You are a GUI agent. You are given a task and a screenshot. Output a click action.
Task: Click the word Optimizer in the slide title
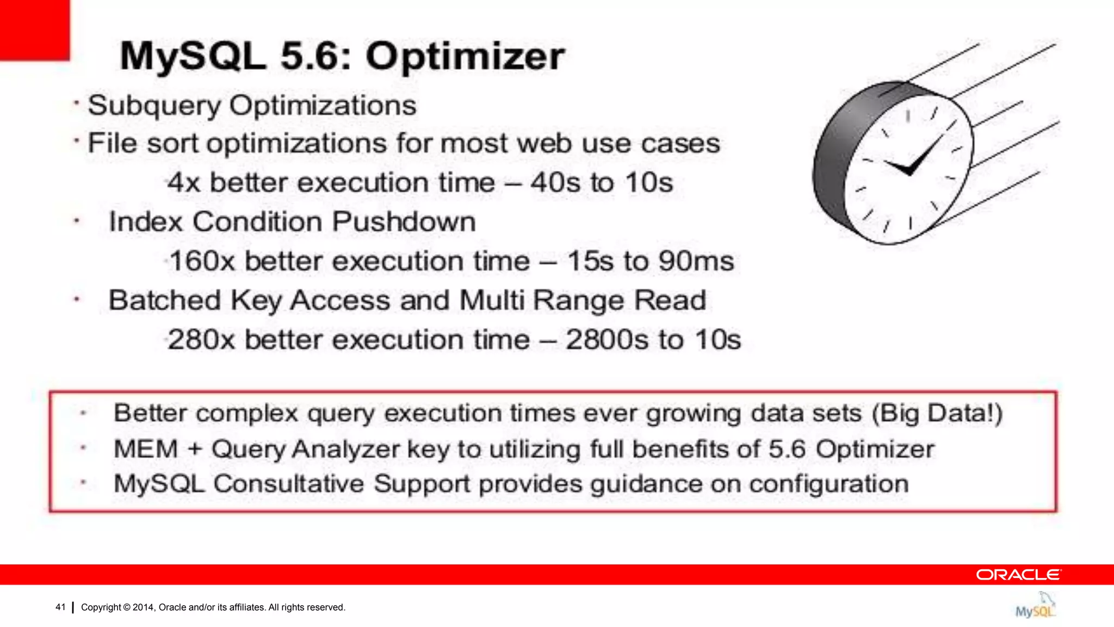[465, 57]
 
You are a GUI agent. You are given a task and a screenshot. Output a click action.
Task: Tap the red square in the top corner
[34, 29]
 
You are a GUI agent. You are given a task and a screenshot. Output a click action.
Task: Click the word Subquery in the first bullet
[154, 106]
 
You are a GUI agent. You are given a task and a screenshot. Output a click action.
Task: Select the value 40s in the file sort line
[555, 182]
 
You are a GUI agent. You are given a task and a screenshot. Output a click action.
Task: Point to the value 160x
[202, 261]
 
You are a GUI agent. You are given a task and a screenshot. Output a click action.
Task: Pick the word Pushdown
[404, 222]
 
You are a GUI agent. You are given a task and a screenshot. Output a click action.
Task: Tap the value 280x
[201, 340]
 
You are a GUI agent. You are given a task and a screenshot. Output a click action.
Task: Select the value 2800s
[607, 340]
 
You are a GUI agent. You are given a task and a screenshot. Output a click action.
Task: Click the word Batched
[165, 300]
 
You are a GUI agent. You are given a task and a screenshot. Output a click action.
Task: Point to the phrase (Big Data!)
[937, 413]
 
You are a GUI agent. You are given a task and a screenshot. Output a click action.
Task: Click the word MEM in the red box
[146, 450]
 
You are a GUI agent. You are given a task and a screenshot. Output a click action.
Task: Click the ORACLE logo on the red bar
[1018, 575]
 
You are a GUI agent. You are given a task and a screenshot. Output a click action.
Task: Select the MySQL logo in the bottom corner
[1035, 606]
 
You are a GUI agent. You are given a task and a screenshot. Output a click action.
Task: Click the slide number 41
[60, 607]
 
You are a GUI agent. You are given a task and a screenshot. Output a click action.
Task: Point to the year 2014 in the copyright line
[144, 607]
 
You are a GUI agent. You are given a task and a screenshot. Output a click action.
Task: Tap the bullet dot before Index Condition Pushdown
[77, 222]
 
